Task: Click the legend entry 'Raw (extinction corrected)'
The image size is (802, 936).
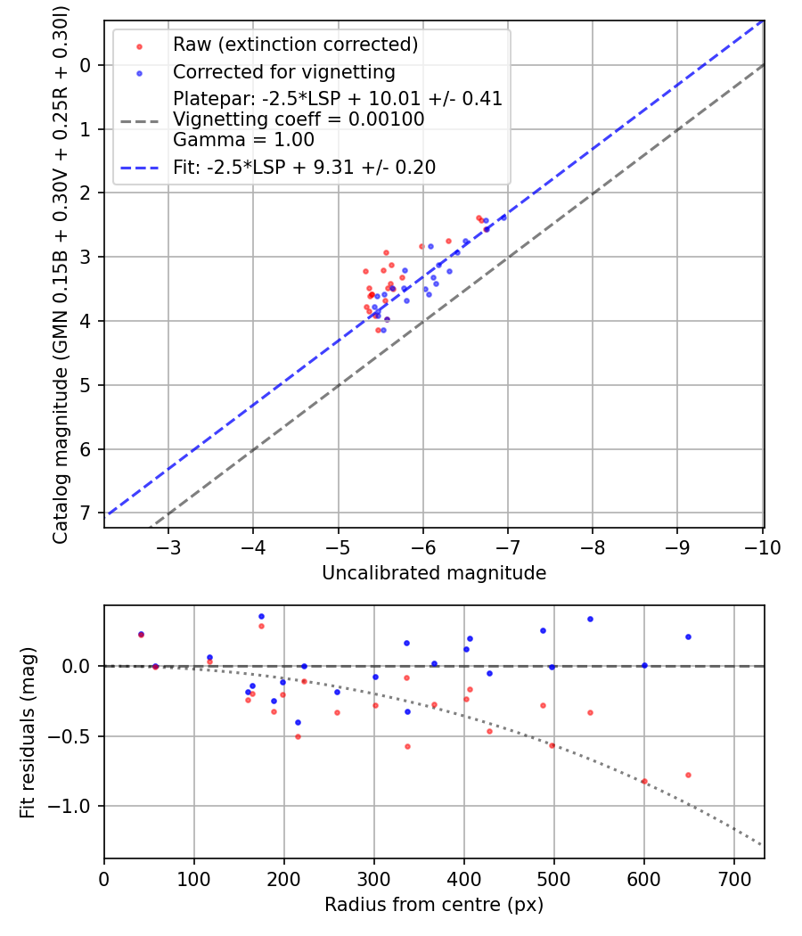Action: [x=295, y=45]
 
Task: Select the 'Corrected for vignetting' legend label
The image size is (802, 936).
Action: [x=284, y=71]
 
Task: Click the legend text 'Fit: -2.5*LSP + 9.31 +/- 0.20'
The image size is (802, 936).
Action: [x=304, y=167]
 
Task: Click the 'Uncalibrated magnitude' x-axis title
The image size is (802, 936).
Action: [x=434, y=573]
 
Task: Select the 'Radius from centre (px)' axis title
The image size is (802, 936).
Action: [x=434, y=905]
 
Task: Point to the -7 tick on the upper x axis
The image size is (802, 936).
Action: [x=508, y=546]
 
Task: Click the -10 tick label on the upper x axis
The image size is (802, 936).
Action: [x=763, y=546]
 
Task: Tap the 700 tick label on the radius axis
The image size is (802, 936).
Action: [x=733, y=878]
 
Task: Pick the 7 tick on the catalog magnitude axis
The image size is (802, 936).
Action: [x=86, y=513]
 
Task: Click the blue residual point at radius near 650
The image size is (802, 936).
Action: [x=688, y=636]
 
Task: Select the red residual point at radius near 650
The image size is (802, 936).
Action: [x=688, y=775]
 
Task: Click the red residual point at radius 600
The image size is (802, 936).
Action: [x=644, y=781]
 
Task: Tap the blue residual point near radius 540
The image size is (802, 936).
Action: [x=590, y=619]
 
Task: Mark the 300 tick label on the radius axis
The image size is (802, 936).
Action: [x=374, y=878]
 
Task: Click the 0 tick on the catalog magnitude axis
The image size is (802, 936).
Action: [x=86, y=65]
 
